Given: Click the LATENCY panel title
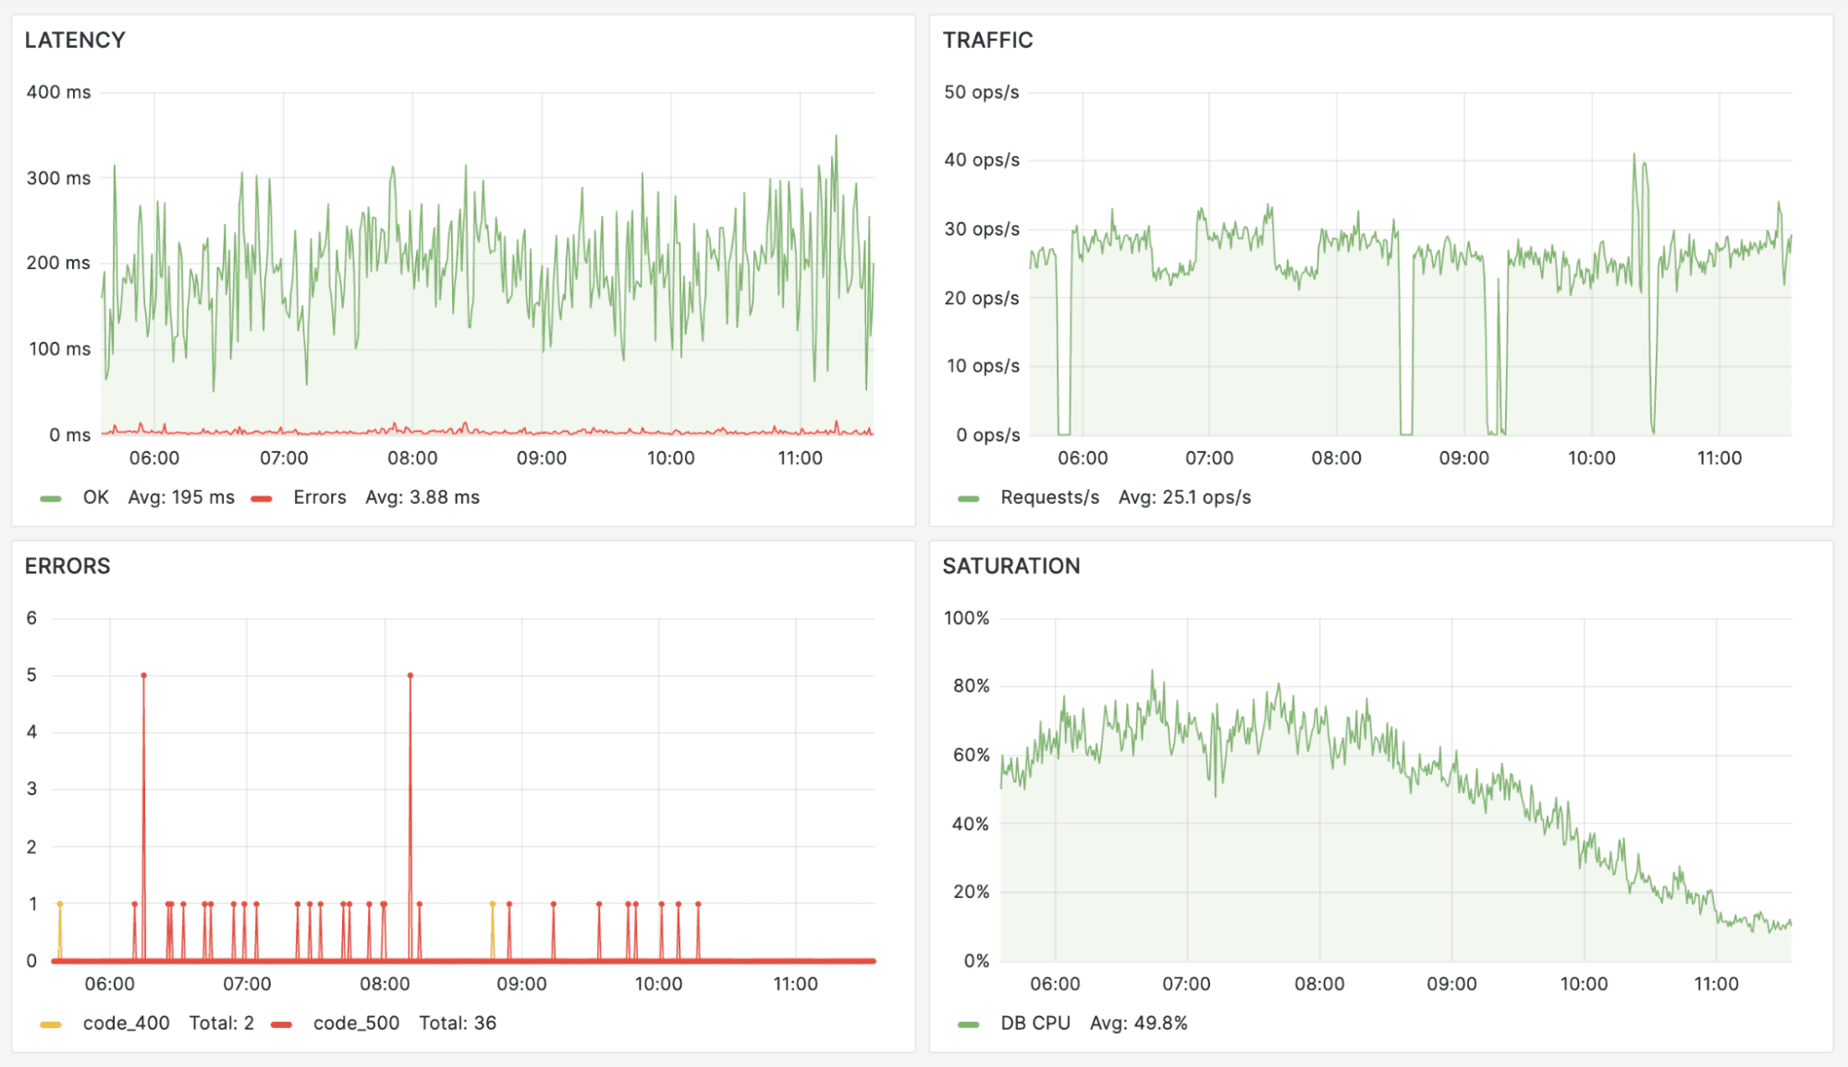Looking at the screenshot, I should pyautogui.click(x=75, y=40).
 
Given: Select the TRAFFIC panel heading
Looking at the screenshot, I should pyautogui.click(x=987, y=40).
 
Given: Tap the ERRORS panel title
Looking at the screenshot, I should pyautogui.click(x=67, y=566).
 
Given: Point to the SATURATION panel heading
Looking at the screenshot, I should pyautogui.click(x=1010, y=566).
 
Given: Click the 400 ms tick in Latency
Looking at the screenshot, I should pyautogui.click(x=58, y=92).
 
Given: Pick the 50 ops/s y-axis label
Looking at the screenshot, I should pyautogui.click(x=981, y=92).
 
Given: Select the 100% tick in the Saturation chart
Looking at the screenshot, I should pyautogui.click(x=966, y=618).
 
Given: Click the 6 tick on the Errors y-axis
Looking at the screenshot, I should pyautogui.click(x=31, y=618).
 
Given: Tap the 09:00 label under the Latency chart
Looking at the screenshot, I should pyautogui.click(x=541, y=458).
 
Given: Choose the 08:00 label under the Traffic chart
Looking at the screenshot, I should pyautogui.click(x=1336, y=458).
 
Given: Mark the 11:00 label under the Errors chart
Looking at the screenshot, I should pyautogui.click(x=795, y=984).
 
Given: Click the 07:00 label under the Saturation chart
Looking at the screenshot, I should pyautogui.click(x=1186, y=984).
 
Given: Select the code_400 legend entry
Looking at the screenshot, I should pyautogui.click(x=126, y=1023).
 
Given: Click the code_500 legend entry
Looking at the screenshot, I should pyautogui.click(x=356, y=1023).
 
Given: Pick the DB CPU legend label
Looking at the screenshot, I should pyautogui.click(x=1034, y=1023).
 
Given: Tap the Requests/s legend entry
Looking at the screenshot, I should pyautogui.click(x=1049, y=497).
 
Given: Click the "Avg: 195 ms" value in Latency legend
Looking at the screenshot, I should pyautogui.click(x=181, y=497).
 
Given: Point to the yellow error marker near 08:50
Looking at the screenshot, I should pyautogui.click(x=493, y=904).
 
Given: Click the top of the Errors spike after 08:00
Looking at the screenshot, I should pyautogui.click(x=410, y=676).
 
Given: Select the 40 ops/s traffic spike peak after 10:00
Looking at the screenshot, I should pyautogui.click(x=1634, y=155).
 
